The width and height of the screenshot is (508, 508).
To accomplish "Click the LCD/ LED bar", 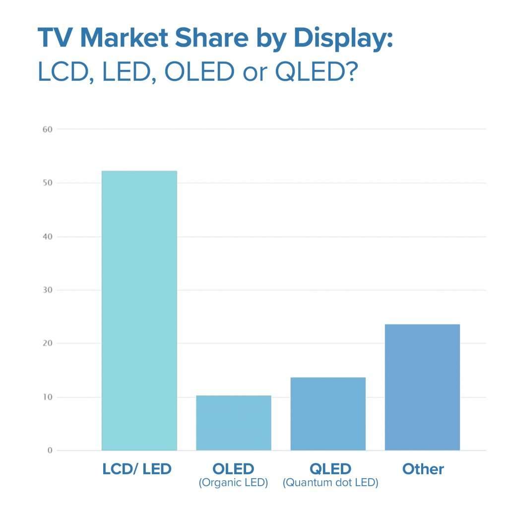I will pyautogui.click(x=139, y=311).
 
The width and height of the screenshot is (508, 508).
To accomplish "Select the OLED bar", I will pyautogui.click(x=234, y=423).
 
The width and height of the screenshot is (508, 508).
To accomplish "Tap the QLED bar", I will pyautogui.click(x=328, y=414).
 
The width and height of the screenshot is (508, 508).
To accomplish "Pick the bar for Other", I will pyautogui.click(x=422, y=387).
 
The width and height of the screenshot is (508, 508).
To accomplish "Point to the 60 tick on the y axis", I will pyautogui.click(x=48, y=129).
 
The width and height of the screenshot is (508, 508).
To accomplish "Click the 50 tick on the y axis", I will pyautogui.click(x=48, y=183).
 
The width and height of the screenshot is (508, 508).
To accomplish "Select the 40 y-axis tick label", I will pyautogui.click(x=48, y=237).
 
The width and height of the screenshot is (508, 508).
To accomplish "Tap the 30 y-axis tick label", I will pyautogui.click(x=48, y=290).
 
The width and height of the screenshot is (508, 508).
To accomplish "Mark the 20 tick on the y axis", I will pyautogui.click(x=48, y=343).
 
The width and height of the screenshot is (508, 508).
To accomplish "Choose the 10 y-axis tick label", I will pyautogui.click(x=48, y=397).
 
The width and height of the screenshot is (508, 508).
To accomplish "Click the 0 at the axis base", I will pyautogui.click(x=50, y=450).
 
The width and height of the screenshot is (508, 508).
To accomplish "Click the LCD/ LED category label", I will pyautogui.click(x=136, y=469).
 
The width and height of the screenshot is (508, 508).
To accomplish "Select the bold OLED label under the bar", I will pyautogui.click(x=233, y=469).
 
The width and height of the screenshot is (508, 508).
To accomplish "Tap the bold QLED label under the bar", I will pyautogui.click(x=330, y=469).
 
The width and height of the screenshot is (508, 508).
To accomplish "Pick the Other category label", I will pyautogui.click(x=423, y=469).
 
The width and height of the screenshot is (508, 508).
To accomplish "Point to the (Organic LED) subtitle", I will pyautogui.click(x=233, y=483).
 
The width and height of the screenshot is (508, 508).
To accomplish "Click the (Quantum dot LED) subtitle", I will pyautogui.click(x=330, y=483).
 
